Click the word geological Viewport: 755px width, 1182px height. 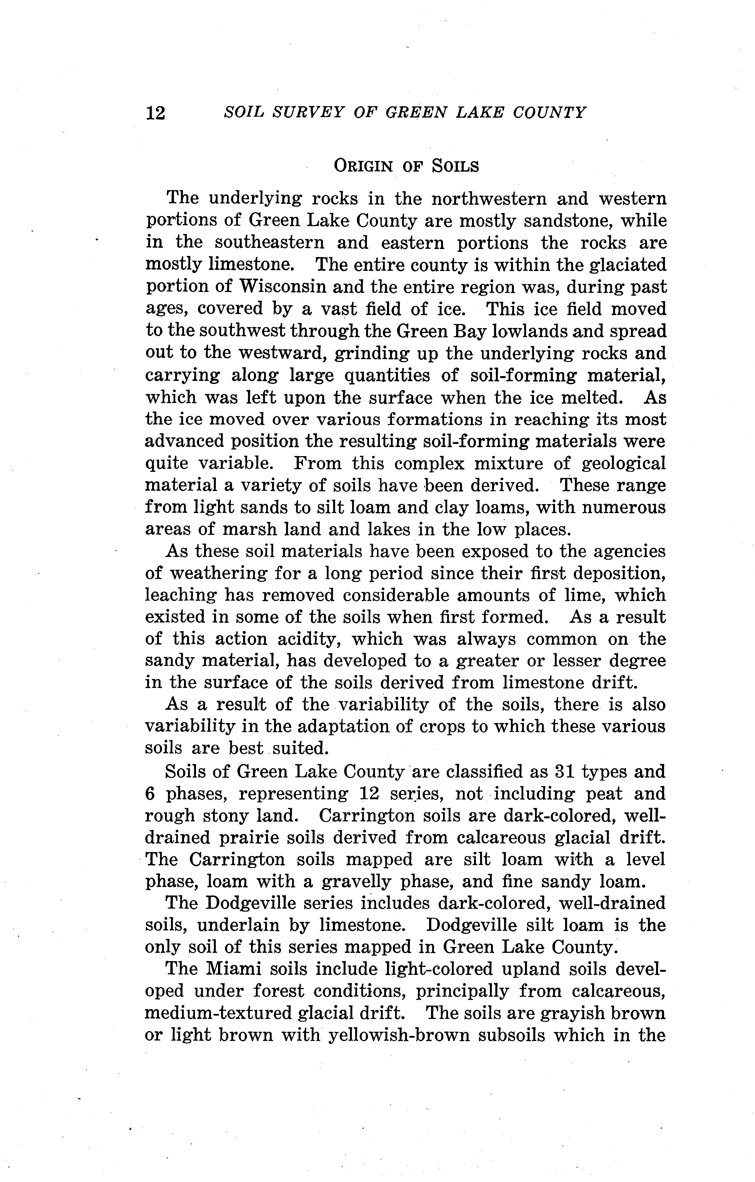[623, 463]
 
